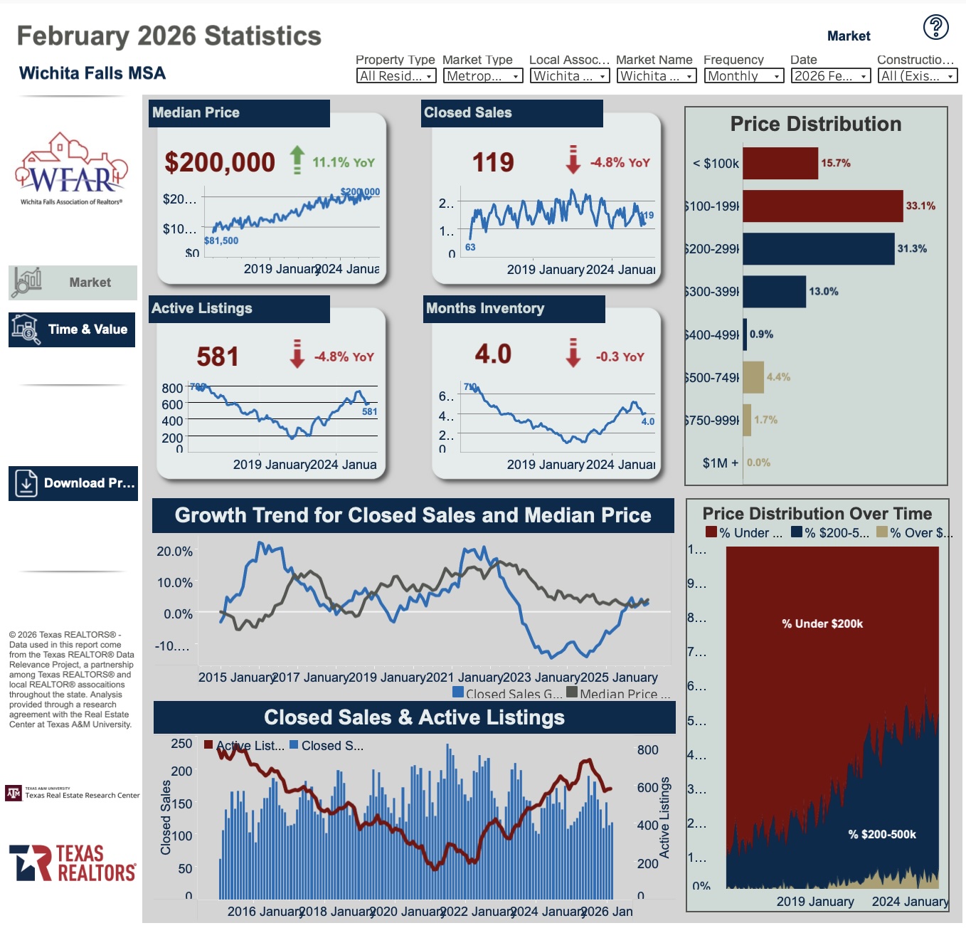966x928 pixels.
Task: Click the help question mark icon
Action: (x=935, y=27)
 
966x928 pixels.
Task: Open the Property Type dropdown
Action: (x=396, y=76)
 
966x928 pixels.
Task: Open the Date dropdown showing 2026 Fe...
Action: (x=830, y=76)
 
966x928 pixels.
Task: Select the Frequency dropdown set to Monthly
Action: (x=743, y=76)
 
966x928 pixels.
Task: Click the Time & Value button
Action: (x=72, y=329)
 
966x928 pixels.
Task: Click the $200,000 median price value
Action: (x=220, y=162)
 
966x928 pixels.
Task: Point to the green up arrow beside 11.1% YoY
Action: (x=297, y=160)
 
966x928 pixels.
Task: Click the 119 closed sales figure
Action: (x=493, y=162)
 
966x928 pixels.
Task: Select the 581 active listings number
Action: (x=218, y=357)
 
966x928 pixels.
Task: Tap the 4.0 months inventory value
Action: (x=493, y=354)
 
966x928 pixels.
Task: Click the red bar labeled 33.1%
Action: (x=822, y=206)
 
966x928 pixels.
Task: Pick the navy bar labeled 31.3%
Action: (x=818, y=249)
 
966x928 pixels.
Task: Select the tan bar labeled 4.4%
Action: (x=753, y=377)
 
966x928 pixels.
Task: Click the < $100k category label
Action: (x=716, y=164)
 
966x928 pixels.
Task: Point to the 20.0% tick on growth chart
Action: (x=175, y=552)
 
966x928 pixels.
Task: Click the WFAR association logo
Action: (x=72, y=168)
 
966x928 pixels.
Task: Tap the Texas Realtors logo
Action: (x=72, y=863)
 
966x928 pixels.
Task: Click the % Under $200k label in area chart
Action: (x=822, y=624)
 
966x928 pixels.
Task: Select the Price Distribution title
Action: (x=816, y=125)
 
